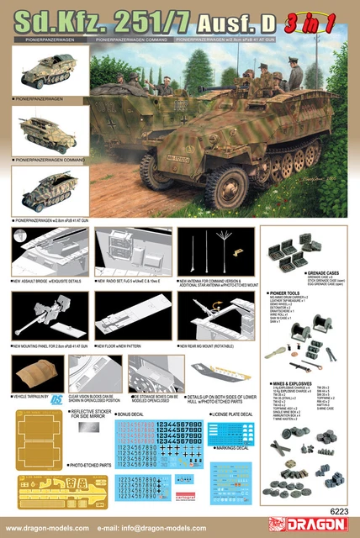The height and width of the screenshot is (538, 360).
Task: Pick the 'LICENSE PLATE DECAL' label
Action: pyautogui.click(x=232, y=414)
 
